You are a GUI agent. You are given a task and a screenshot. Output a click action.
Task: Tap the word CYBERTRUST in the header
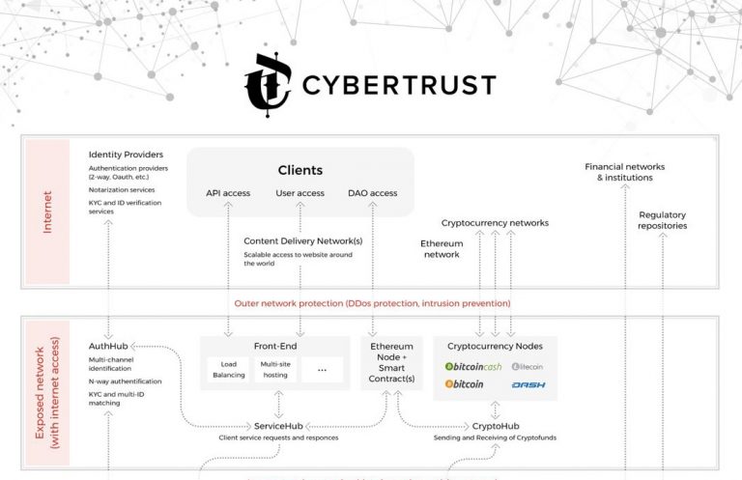coord(398,85)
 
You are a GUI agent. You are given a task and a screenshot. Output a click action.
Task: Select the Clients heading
coord(300,170)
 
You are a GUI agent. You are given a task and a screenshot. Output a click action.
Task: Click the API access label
coord(228,193)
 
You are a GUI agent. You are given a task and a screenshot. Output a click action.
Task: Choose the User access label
coord(300,193)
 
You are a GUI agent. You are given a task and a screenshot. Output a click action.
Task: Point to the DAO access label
coord(372,193)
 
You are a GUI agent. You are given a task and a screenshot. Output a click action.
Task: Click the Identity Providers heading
coord(126,155)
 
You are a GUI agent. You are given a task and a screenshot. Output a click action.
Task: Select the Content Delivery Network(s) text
coord(302,241)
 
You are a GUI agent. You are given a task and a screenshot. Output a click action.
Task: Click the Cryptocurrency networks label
coord(495,223)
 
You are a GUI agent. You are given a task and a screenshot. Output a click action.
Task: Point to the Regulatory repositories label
coord(662,219)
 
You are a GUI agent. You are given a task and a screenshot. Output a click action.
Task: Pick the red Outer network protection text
coord(372,303)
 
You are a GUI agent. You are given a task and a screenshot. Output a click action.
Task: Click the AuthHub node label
coord(108,346)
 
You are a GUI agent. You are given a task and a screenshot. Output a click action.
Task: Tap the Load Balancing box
coord(228,369)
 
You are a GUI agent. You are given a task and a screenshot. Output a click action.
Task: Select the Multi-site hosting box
coord(276,369)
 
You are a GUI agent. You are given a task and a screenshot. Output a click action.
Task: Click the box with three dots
coord(322,369)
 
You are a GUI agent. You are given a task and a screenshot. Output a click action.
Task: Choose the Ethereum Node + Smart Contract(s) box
coord(392,362)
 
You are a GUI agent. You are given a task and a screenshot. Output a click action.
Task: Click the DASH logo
coord(528,384)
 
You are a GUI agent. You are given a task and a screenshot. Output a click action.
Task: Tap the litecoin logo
coord(528,366)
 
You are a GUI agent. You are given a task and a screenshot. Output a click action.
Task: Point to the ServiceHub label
coord(280,426)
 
